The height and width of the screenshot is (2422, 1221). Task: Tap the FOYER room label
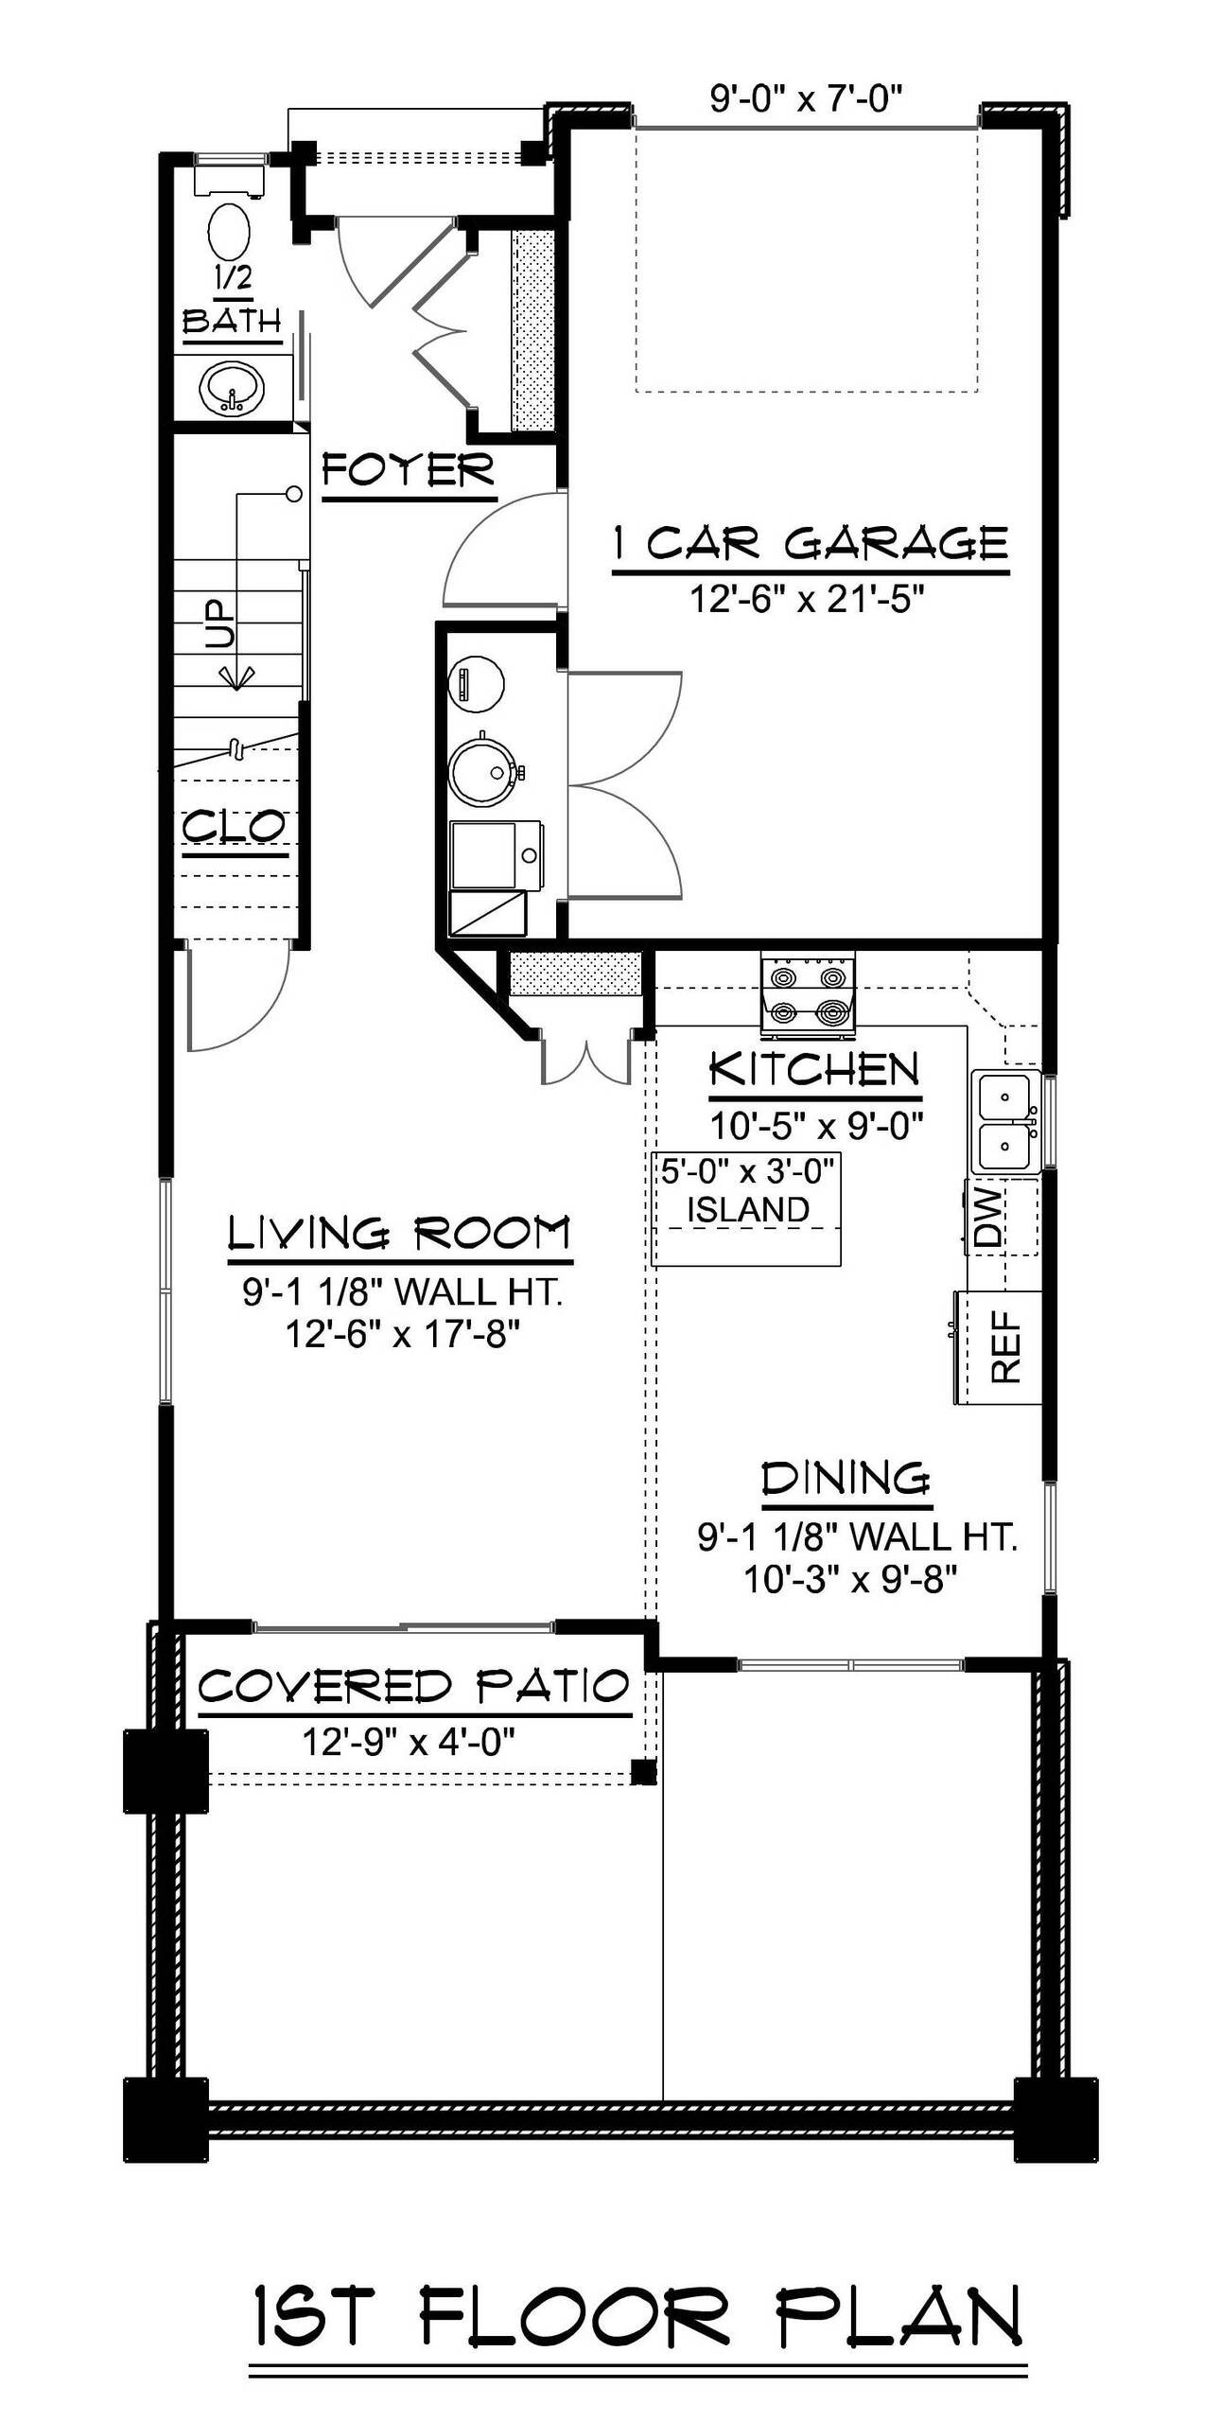tap(409, 469)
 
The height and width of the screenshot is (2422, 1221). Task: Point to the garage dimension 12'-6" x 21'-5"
tap(807, 599)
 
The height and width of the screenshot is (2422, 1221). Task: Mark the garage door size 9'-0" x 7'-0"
tap(807, 98)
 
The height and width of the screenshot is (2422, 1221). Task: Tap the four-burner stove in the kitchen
tap(808, 995)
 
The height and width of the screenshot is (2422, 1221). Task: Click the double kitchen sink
tap(1004, 1121)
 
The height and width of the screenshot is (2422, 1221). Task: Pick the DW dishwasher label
tap(987, 1218)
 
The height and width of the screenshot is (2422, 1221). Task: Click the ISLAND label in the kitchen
tap(747, 1209)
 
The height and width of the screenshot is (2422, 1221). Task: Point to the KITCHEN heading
tap(814, 1070)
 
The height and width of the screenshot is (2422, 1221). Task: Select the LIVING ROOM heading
tap(400, 1234)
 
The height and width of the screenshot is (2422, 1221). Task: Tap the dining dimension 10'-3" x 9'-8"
tap(851, 1579)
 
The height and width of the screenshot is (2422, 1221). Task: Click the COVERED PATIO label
tap(413, 1687)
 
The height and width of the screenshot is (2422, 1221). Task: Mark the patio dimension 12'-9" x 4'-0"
tap(408, 1740)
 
